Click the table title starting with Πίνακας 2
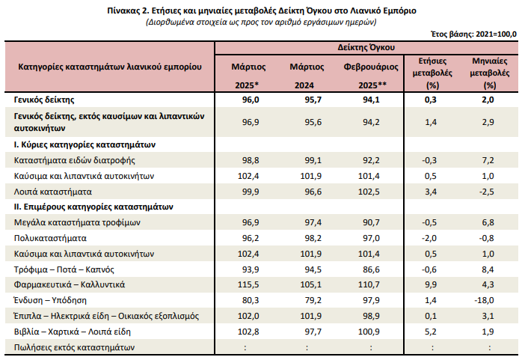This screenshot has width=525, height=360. [262, 10]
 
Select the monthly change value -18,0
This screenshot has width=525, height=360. [488, 301]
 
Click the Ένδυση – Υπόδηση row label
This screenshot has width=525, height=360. [51, 301]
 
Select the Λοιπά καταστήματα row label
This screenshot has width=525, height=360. [51, 192]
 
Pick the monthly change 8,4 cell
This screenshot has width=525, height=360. [488, 269]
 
